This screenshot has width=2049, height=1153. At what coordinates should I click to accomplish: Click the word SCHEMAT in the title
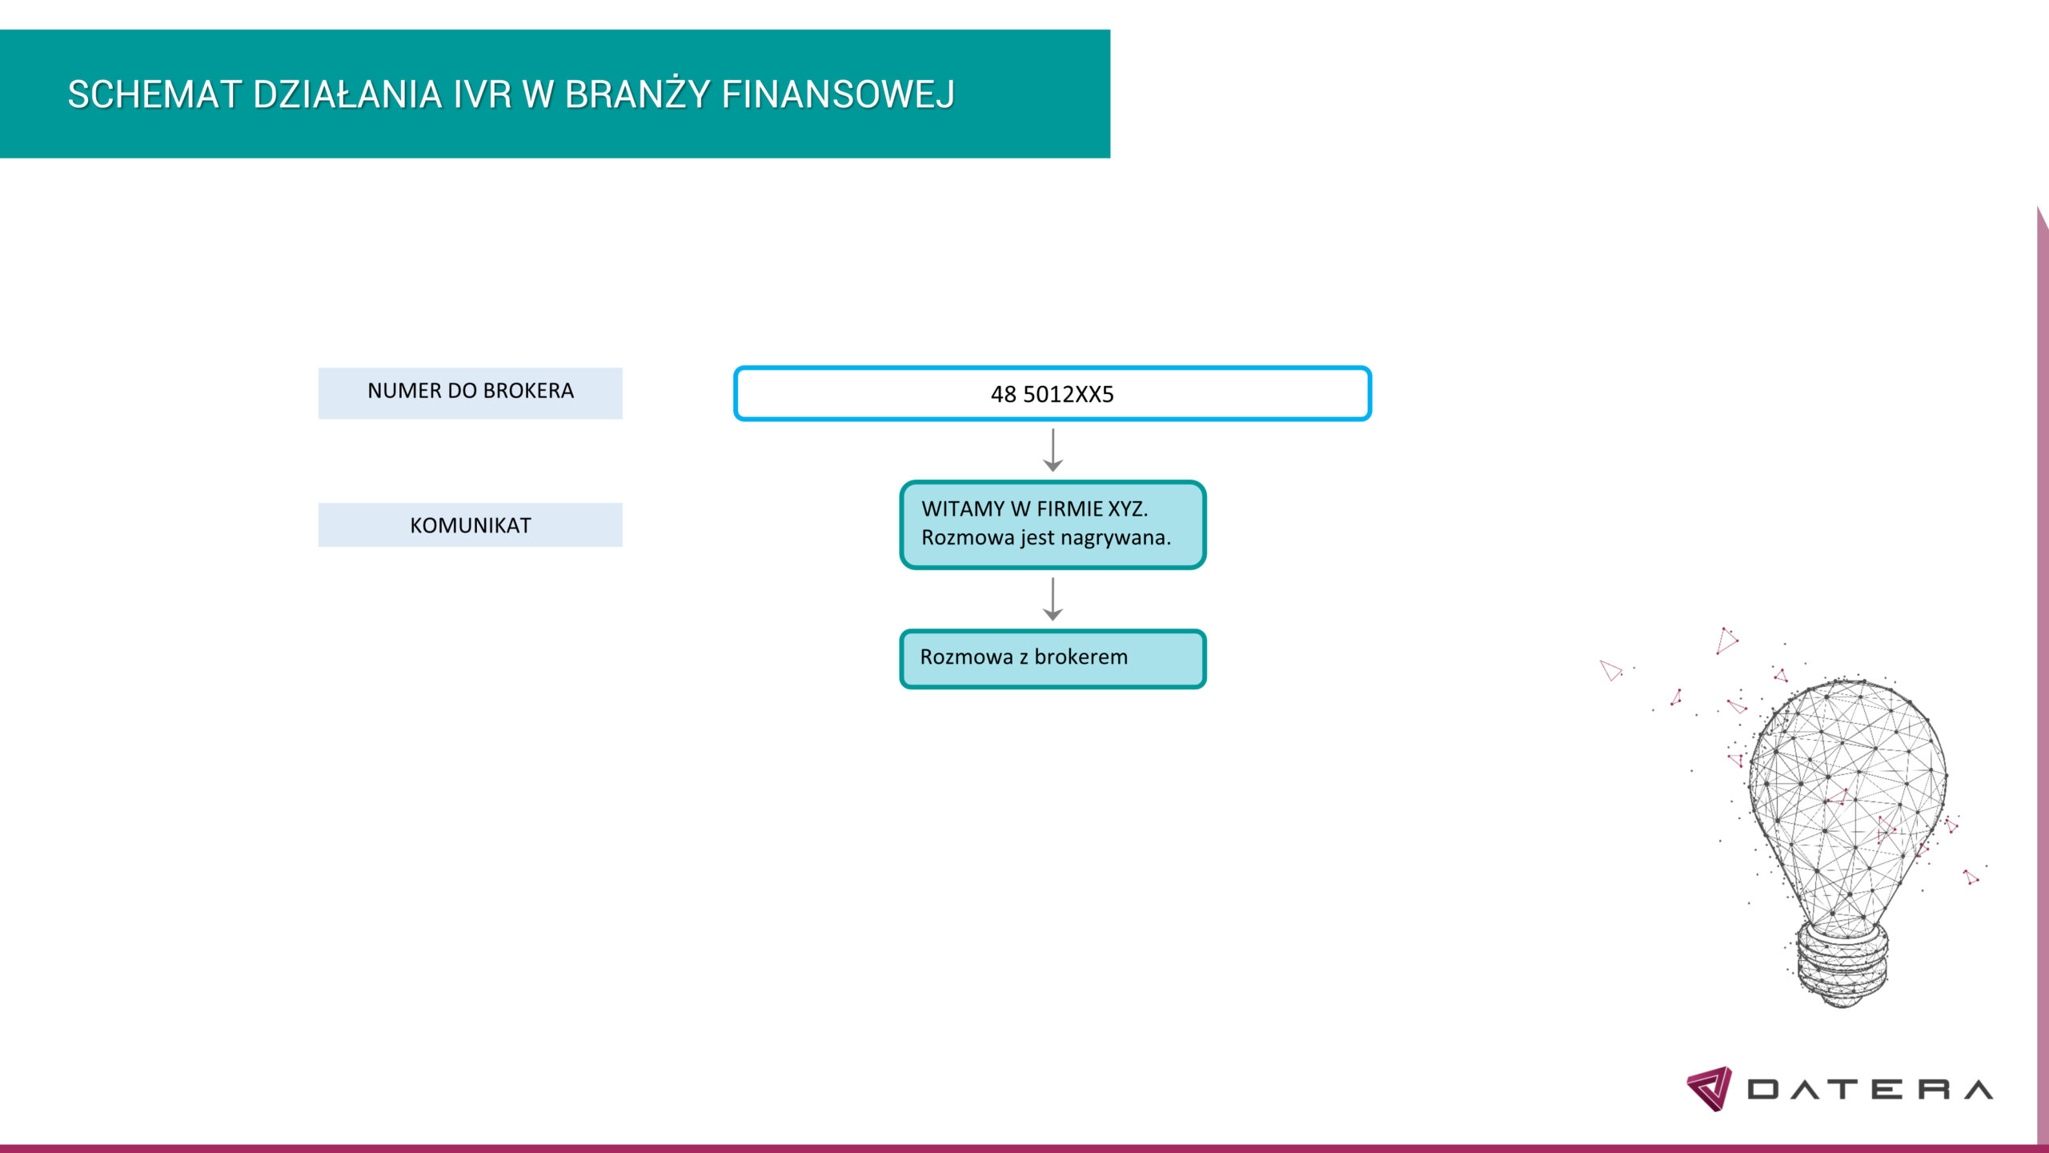(154, 94)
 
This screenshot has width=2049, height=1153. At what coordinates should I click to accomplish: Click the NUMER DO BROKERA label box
(470, 393)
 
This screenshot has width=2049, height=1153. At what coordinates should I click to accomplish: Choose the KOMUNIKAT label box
(470, 525)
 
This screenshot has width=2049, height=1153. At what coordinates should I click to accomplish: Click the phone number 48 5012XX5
(1052, 394)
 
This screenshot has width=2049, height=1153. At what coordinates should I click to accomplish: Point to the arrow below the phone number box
(1053, 450)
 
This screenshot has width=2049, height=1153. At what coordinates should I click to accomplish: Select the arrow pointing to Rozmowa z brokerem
(1053, 599)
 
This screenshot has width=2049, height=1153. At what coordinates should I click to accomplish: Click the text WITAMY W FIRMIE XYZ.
(1034, 509)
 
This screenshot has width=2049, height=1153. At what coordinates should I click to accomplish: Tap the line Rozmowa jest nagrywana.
(1046, 538)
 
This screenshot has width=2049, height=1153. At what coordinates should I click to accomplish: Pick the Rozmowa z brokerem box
(1053, 659)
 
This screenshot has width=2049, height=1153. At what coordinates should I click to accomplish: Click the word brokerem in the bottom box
(1081, 657)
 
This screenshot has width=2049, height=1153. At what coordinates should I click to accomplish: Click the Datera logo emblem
(1709, 1089)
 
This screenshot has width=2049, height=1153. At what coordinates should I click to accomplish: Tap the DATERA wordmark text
(1870, 1090)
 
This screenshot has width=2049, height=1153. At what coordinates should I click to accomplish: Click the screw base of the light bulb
(1842, 965)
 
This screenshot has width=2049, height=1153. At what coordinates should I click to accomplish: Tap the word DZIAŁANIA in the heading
(347, 94)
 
